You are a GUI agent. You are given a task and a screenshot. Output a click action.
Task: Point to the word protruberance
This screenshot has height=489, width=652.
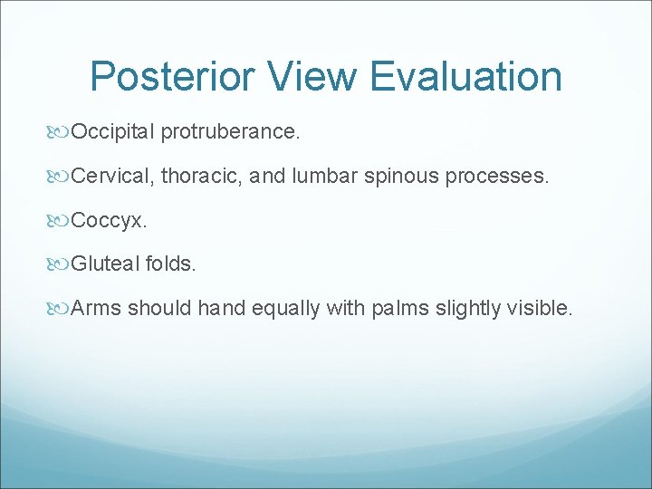point(231,132)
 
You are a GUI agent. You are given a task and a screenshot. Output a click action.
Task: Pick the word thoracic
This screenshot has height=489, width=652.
point(202,177)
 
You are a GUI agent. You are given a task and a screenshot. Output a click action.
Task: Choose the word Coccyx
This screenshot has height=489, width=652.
point(105,221)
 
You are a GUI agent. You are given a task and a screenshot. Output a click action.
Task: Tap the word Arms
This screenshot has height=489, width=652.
point(96,309)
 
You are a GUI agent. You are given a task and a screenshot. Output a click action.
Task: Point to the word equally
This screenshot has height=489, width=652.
point(282,309)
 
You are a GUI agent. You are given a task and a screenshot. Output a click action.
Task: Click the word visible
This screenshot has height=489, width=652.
point(541,309)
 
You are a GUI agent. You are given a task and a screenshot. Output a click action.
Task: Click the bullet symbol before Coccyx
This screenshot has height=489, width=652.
point(61,221)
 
